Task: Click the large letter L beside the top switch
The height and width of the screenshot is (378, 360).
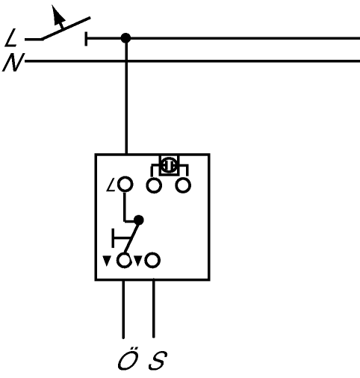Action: (x=10, y=38)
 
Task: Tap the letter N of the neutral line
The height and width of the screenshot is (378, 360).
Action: (x=13, y=62)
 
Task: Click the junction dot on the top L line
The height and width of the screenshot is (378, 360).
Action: (x=125, y=38)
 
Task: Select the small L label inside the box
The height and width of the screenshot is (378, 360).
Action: (x=111, y=185)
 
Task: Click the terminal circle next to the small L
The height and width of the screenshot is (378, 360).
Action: (x=125, y=185)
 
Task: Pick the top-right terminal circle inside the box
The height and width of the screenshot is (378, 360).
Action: (x=183, y=185)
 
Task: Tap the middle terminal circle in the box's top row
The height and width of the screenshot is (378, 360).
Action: (x=154, y=185)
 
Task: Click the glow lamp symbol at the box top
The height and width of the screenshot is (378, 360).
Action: (x=169, y=165)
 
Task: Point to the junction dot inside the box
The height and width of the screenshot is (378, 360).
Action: (x=139, y=220)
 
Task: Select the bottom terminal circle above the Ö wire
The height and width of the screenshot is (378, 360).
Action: (x=124, y=261)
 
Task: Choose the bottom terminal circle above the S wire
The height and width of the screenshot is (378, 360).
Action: (x=152, y=261)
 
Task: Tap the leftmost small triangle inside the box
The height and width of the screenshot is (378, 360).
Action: (x=107, y=261)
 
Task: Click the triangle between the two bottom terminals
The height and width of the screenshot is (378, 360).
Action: (x=138, y=261)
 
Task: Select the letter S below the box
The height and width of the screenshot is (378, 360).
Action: (x=158, y=360)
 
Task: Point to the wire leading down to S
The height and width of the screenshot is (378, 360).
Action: (x=154, y=309)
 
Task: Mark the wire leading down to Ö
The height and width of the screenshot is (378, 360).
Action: (x=123, y=309)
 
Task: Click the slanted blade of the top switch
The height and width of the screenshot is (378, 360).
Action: (x=66, y=28)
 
